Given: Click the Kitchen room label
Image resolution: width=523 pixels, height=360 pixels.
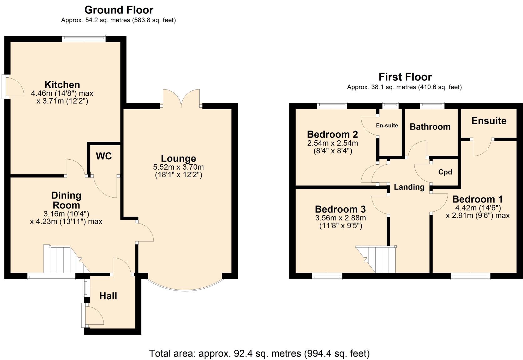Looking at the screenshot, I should click(x=62, y=85).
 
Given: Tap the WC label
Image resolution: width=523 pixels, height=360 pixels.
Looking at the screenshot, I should click(x=104, y=156).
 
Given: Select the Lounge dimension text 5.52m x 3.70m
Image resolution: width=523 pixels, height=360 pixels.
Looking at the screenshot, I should click(x=178, y=167).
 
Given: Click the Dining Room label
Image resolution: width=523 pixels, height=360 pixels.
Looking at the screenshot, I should click(x=66, y=200).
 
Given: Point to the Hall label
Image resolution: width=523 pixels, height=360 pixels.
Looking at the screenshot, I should click(x=108, y=296).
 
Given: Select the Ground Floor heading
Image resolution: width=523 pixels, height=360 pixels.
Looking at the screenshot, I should click(x=119, y=10).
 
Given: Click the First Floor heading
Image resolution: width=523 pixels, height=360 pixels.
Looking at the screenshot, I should click(x=405, y=77).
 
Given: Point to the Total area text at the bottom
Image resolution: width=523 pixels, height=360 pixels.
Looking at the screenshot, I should click(x=259, y=353).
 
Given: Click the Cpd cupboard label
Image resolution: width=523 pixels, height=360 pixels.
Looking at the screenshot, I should click(x=445, y=172).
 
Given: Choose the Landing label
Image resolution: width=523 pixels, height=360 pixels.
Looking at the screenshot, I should click(x=409, y=187).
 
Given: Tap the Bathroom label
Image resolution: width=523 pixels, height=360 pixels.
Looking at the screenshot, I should click(x=430, y=127).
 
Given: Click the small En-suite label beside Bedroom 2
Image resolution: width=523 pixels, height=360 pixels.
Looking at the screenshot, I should click(x=387, y=126).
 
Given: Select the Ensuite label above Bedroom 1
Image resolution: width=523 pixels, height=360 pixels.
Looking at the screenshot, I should click(x=489, y=121).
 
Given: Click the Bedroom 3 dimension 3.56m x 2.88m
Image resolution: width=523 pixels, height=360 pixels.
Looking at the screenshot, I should click(x=340, y=218).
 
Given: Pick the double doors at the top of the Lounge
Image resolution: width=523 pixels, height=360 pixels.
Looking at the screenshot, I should click(x=181, y=99).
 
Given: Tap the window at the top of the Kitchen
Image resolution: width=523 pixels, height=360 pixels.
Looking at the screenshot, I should click(x=84, y=38).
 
